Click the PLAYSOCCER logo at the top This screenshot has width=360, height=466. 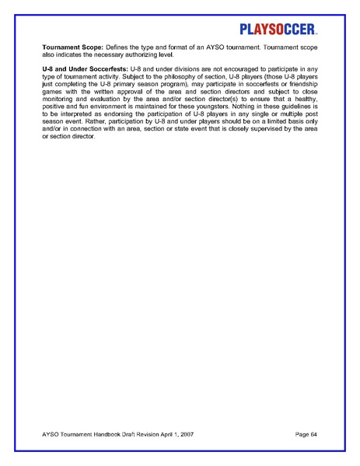coord(277,30)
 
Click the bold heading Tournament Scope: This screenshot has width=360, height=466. coord(74,48)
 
